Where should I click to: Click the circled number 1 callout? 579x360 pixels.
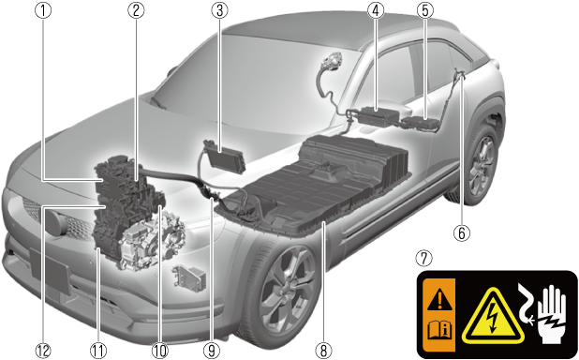43,10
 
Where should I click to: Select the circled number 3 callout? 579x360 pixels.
219,10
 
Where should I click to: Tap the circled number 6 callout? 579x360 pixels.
462,232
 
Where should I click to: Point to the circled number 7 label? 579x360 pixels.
423,258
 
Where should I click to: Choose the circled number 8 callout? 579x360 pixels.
323,350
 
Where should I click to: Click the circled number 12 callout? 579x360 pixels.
43,350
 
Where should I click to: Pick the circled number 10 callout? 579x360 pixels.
160,350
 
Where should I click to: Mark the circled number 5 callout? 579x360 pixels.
424,10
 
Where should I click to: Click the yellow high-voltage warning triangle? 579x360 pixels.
493,315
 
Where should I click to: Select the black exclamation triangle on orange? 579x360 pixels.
439,299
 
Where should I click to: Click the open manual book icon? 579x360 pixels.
439,330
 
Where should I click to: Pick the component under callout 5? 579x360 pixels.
420,123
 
